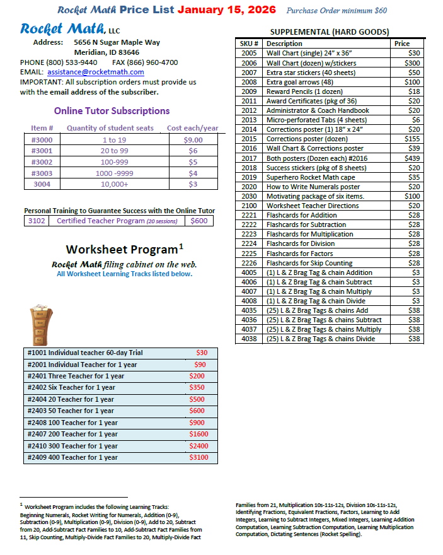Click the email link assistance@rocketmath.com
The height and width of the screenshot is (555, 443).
[90, 72]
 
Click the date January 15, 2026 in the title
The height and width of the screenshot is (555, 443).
[227, 10]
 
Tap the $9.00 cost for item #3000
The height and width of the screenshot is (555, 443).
[193, 140]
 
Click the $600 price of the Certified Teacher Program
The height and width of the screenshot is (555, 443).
[199, 221]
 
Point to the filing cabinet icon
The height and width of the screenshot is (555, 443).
[40, 324]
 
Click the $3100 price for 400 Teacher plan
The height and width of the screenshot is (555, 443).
[198, 457]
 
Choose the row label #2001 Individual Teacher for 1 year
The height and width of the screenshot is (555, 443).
[82, 365]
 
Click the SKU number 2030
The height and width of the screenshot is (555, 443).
[249, 196]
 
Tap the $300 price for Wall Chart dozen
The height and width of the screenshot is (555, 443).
[413, 63]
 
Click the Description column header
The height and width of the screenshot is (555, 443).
[284, 44]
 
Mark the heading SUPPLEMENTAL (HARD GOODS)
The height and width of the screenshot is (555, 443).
[329, 32]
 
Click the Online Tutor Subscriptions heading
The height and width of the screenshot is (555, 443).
[112, 110]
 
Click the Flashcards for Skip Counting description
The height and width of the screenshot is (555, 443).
[309, 263]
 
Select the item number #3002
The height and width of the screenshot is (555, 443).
[42, 162]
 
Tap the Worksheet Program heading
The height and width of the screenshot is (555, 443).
[124, 248]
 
